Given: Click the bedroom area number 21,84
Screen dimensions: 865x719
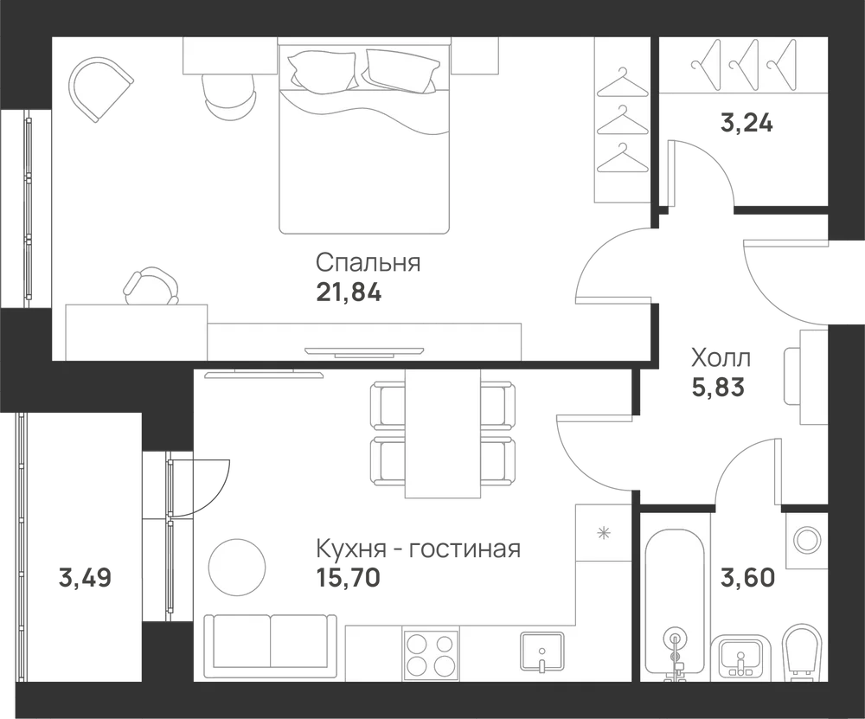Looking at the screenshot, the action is [349, 292].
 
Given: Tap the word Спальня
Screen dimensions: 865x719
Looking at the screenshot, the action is [368, 263].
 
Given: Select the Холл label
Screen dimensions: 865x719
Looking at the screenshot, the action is [721, 359].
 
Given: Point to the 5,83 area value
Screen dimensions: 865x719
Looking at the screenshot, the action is [718, 388].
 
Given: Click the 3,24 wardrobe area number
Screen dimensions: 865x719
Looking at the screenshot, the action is [746, 123].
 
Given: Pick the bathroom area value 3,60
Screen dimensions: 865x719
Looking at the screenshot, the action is [748, 578].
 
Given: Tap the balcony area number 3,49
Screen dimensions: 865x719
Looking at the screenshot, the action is [85, 578].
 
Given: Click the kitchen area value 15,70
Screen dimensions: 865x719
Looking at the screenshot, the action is [348, 578].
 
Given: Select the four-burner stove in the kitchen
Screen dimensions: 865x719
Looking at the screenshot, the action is [430, 652].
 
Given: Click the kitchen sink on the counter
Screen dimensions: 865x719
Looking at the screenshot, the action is [541, 652].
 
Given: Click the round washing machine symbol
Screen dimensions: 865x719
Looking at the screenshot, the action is [806, 537].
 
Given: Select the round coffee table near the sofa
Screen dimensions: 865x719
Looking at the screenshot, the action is [237, 567].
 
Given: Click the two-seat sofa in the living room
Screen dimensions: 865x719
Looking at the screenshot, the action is [270, 645].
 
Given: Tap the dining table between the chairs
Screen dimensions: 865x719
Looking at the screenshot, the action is [443, 433].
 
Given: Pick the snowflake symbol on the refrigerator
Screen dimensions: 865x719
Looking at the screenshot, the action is [605, 533].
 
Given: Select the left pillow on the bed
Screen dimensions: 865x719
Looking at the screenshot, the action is [324, 69].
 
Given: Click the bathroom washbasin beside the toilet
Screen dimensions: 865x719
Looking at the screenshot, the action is [741, 656].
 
